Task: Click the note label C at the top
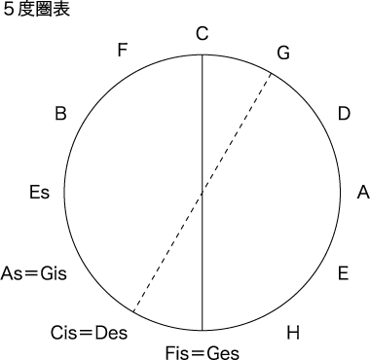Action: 202,35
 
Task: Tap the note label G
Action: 283,53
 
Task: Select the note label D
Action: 343,114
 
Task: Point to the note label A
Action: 363,194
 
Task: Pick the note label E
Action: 343,273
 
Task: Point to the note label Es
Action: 40,194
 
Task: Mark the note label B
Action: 60,114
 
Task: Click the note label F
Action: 122,51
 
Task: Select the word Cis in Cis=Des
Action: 66,334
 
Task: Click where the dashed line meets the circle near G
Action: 270,71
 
